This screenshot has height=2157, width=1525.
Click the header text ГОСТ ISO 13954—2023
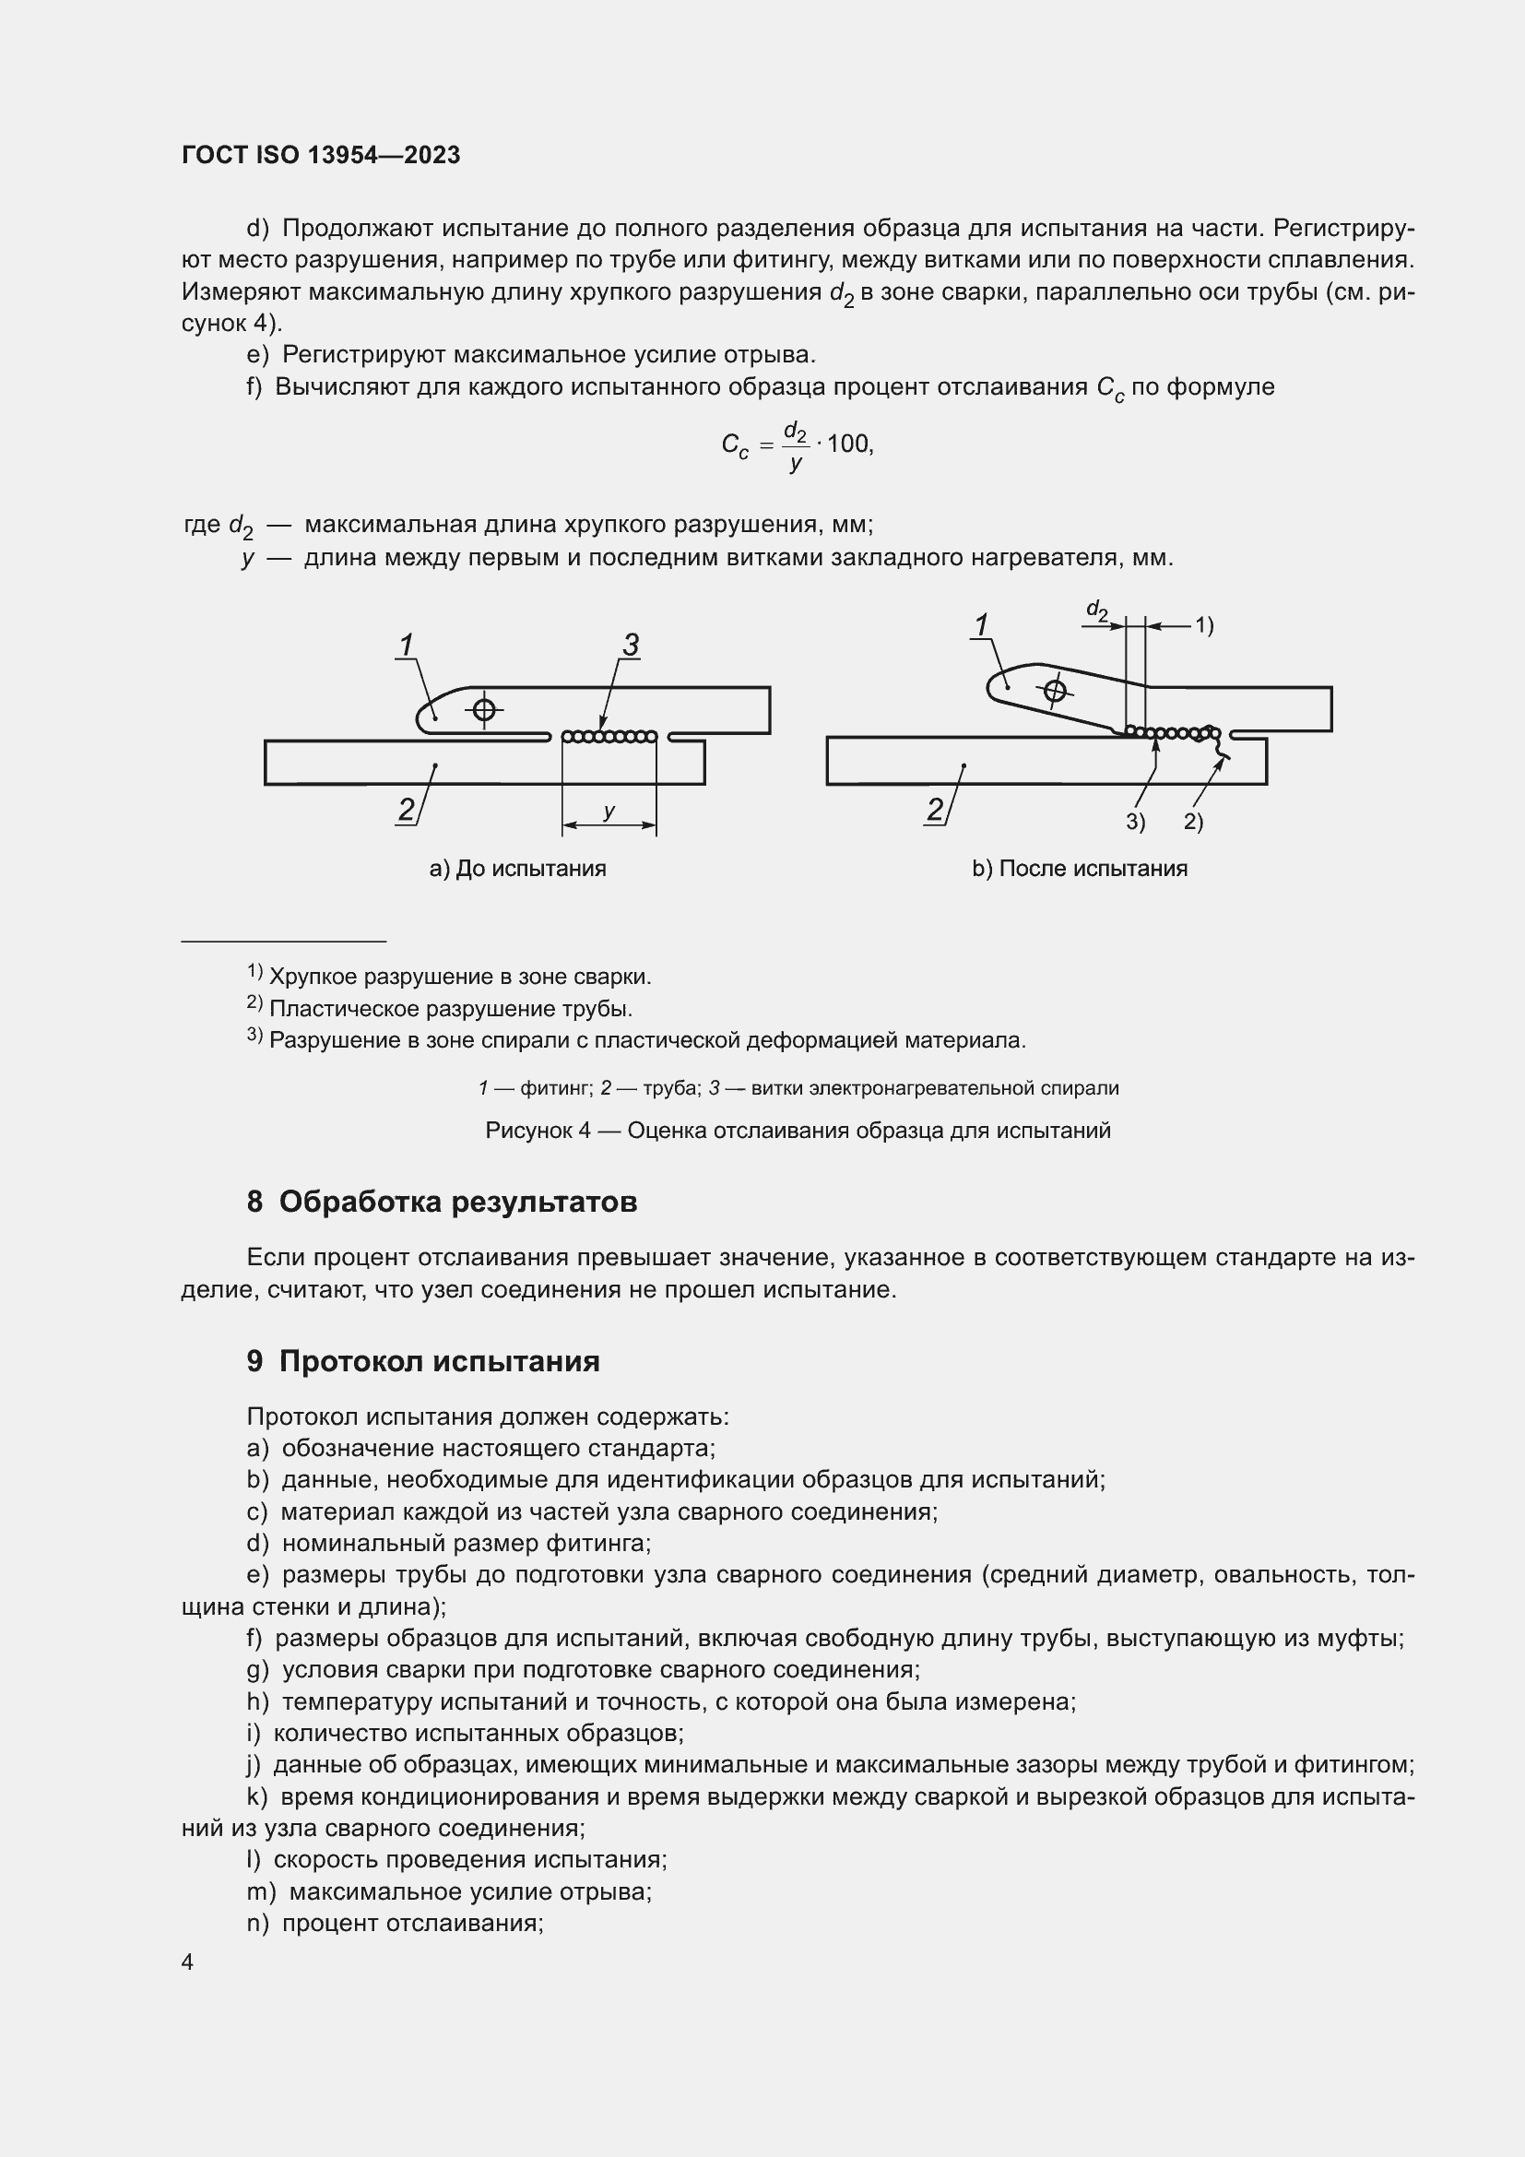[321, 155]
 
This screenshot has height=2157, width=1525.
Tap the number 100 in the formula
[848, 444]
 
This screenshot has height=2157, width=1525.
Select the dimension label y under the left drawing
[609, 811]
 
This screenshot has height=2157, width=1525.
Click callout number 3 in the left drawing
[631, 645]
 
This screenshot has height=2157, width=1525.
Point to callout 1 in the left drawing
[407, 645]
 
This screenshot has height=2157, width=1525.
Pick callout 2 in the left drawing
[406, 809]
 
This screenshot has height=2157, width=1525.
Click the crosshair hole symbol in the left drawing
[484, 709]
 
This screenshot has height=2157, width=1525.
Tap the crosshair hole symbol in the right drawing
[1056, 692]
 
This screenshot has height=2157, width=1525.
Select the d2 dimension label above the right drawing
[1096, 610]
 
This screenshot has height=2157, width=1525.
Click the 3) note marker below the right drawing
[1135, 822]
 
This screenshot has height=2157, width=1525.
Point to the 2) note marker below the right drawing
[1192, 822]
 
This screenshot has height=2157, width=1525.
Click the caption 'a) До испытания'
[517, 868]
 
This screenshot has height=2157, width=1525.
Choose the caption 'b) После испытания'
[1079, 868]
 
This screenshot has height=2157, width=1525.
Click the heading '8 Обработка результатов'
[442, 1202]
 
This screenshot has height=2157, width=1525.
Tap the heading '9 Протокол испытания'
[422, 1361]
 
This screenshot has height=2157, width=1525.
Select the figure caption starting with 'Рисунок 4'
[798, 1131]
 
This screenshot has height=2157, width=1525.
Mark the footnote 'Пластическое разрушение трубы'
[450, 1009]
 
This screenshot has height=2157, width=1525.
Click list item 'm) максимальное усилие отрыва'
[449, 1891]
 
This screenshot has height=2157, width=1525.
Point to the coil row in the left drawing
[609, 737]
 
